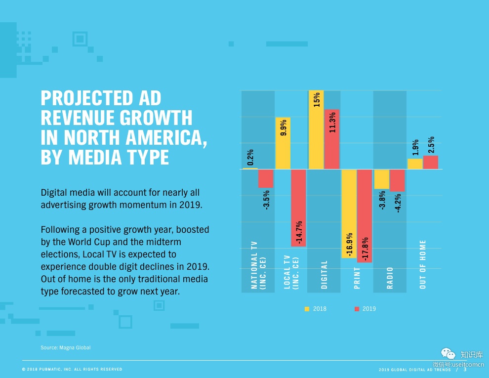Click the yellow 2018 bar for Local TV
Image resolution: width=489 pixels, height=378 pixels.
(x=283, y=143)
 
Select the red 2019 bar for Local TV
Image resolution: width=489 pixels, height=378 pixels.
(x=298, y=208)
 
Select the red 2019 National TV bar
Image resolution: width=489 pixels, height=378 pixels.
(x=266, y=178)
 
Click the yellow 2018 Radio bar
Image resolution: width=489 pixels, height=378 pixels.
(x=381, y=179)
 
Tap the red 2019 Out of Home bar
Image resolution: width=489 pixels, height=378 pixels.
(x=430, y=162)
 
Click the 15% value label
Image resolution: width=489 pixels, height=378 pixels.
(x=317, y=100)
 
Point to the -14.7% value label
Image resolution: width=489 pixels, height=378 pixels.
(x=299, y=232)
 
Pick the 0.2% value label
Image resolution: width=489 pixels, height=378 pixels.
(x=250, y=158)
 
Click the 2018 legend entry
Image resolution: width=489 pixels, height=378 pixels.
(x=316, y=309)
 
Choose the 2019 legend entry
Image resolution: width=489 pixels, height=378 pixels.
(x=365, y=309)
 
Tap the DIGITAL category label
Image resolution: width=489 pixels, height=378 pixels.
(x=324, y=275)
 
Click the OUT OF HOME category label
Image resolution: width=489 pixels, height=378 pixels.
(x=423, y=264)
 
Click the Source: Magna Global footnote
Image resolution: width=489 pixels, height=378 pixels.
(x=65, y=348)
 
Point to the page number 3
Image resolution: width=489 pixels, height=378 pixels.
(x=465, y=369)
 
